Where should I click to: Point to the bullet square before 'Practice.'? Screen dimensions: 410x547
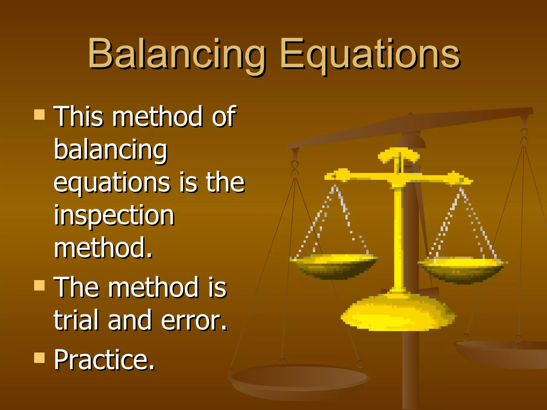(40, 358)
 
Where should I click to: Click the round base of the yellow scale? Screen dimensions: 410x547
(398, 314)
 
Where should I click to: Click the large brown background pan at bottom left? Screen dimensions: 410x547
(299, 379)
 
